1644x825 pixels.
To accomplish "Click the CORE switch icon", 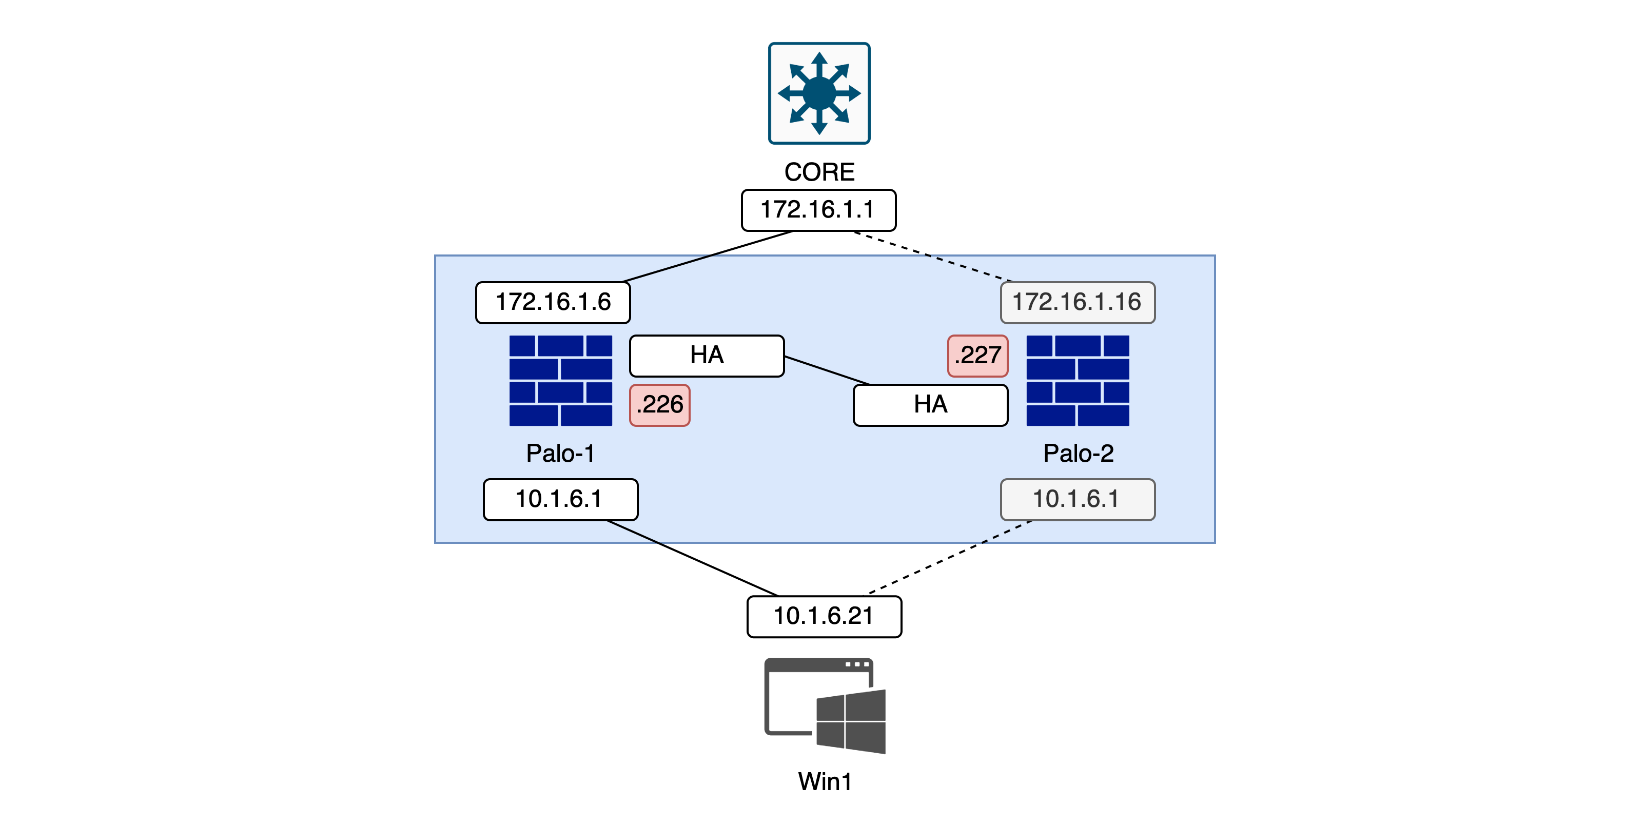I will click(819, 93).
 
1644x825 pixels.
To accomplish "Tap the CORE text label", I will click(819, 172).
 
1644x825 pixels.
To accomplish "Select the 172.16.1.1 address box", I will click(818, 210).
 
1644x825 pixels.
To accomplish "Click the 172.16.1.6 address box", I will click(553, 302).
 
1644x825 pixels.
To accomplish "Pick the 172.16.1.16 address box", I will click(1078, 302).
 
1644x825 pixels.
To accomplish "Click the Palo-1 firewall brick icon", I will click(560, 380).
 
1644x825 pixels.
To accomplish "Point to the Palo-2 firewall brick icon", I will click(1078, 380).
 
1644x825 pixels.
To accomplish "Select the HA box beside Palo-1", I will click(707, 356).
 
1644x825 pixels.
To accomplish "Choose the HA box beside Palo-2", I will click(930, 404).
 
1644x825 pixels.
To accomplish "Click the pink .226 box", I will click(659, 404).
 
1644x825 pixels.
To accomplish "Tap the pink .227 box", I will click(977, 356).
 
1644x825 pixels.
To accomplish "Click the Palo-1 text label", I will click(560, 454).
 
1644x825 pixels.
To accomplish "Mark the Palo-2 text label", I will click(1078, 454).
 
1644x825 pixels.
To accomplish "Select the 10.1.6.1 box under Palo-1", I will click(560, 499).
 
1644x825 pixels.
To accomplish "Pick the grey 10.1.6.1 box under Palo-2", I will click(1078, 499).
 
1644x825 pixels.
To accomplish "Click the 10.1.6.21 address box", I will click(824, 616).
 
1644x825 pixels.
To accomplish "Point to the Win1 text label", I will click(825, 781).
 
